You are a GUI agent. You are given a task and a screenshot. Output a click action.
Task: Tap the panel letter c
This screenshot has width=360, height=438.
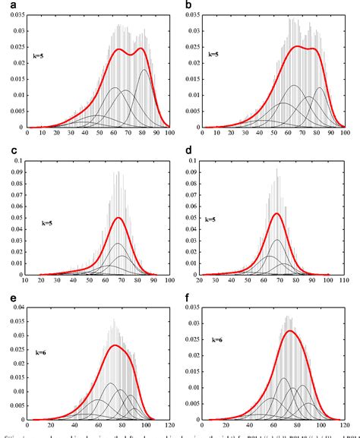coord(5,151)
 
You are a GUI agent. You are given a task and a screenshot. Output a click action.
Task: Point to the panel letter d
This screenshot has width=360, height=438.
coord(188,151)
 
